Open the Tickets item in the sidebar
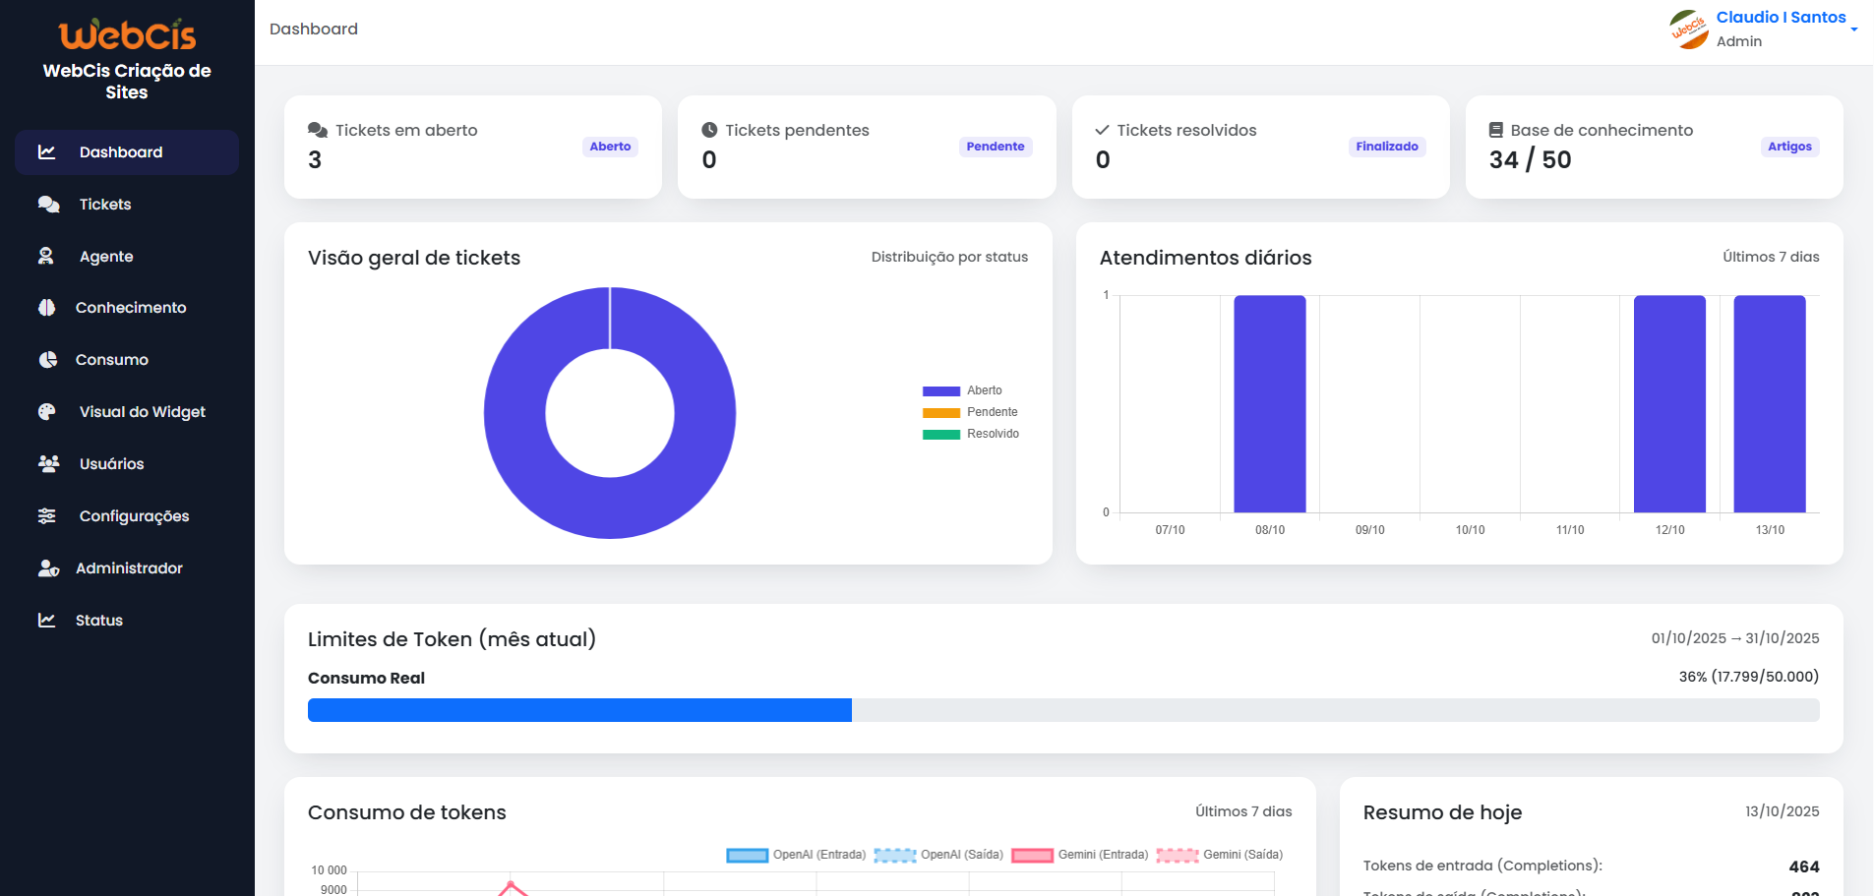[x=104, y=205]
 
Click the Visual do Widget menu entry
[x=142, y=412]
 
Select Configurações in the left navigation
[x=134, y=516]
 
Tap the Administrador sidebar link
[x=129, y=568]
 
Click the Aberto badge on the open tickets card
[x=610, y=147]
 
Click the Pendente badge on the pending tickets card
[x=995, y=147]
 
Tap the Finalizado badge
[x=1386, y=147]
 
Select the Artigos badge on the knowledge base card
[x=1788, y=147]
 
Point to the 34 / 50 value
[x=1530, y=160]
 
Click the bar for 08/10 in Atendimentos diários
[x=1269, y=403]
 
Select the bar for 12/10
[x=1669, y=403]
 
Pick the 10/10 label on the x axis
[x=1470, y=530]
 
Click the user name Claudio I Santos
[x=1781, y=18]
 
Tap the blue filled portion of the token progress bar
[x=579, y=710]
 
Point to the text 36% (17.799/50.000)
[x=1748, y=677]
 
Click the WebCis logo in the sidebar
[x=127, y=35]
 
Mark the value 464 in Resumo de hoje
[x=1803, y=866]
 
